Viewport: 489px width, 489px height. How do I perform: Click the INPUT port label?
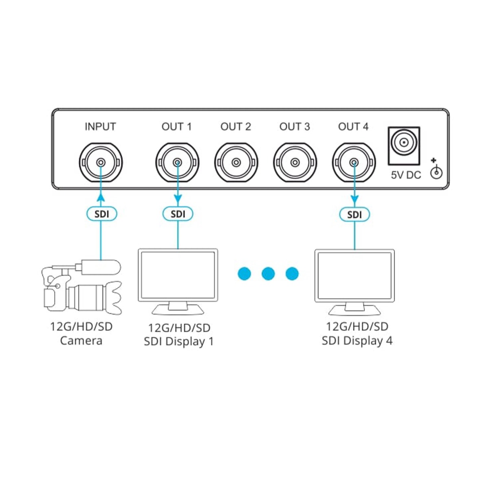pyautogui.click(x=100, y=127)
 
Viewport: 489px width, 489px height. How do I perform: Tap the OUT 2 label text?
pyautogui.click(x=236, y=127)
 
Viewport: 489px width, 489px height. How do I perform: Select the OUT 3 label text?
pyautogui.click(x=295, y=127)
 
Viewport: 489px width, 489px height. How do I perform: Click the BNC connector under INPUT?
pyautogui.click(x=100, y=163)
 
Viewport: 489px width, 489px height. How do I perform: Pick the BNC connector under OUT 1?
pyautogui.click(x=177, y=163)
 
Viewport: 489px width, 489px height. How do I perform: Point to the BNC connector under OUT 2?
pyautogui.click(x=236, y=163)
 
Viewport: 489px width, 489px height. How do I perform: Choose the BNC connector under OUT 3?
pyautogui.click(x=295, y=163)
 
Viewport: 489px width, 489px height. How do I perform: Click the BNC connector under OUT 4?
pyautogui.click(x=354, y=163)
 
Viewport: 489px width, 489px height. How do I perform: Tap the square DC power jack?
pyautogui.click(x=404, y=143)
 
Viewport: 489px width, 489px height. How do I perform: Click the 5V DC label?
pyautogui.click(x=406, y=175)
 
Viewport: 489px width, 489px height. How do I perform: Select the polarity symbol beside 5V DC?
pyautogui.click(x=436, y=171)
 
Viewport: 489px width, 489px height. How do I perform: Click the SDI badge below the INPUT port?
pyautogui.click(x=102, y=214)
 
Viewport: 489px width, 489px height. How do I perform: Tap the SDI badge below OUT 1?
pyautogui.click(x=178, y=214)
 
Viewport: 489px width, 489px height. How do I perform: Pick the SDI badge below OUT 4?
pyautogui.click(x=355, y=214)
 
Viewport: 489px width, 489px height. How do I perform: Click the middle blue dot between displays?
pyautogui.click(x=268, y=273)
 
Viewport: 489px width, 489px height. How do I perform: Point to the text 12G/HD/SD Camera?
pyautogui.click(x=81, y=334)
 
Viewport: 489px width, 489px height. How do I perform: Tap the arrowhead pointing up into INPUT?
pyautogui.click(x=100, y=198)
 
